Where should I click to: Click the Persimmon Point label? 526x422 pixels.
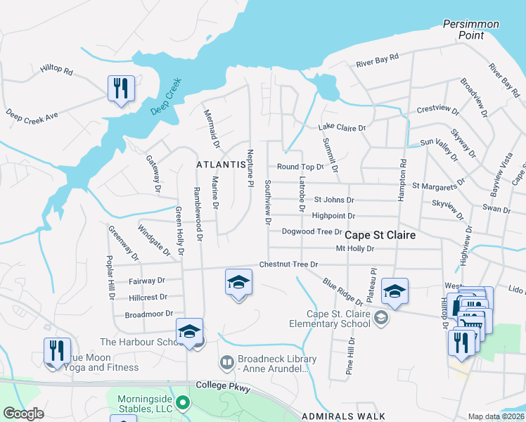point(470,29)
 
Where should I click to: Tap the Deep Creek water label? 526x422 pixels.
point(165,96)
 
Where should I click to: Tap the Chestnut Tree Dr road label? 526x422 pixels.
point(288,264)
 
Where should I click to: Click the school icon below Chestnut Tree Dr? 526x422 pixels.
point(238,283)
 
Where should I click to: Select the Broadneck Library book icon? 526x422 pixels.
point(227,363)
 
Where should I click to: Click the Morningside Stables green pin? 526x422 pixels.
point(183,403)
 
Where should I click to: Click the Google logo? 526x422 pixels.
point(23,414)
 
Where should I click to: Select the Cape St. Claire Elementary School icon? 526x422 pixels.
point(380,318)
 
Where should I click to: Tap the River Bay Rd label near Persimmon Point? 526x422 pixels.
point(377,60)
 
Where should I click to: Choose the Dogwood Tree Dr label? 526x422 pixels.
point(311,231)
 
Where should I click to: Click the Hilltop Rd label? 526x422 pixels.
point(57,70)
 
